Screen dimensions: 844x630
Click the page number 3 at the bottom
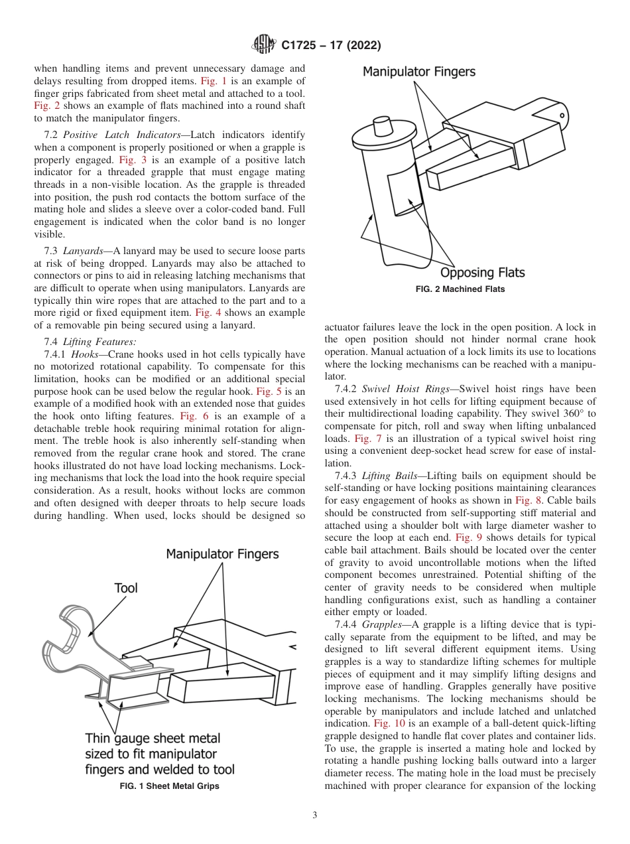[x=315, y=815]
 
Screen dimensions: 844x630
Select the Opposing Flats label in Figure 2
[x=483, y=272]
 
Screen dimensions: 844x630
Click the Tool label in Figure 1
[x=126, y=588]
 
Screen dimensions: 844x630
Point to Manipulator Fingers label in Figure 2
[x=418, y=72]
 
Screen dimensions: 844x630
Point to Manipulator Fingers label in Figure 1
[x=222, y=553]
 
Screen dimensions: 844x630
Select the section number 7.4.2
[x=349, y=388]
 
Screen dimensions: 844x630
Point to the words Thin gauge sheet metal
[x=153, y=738]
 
